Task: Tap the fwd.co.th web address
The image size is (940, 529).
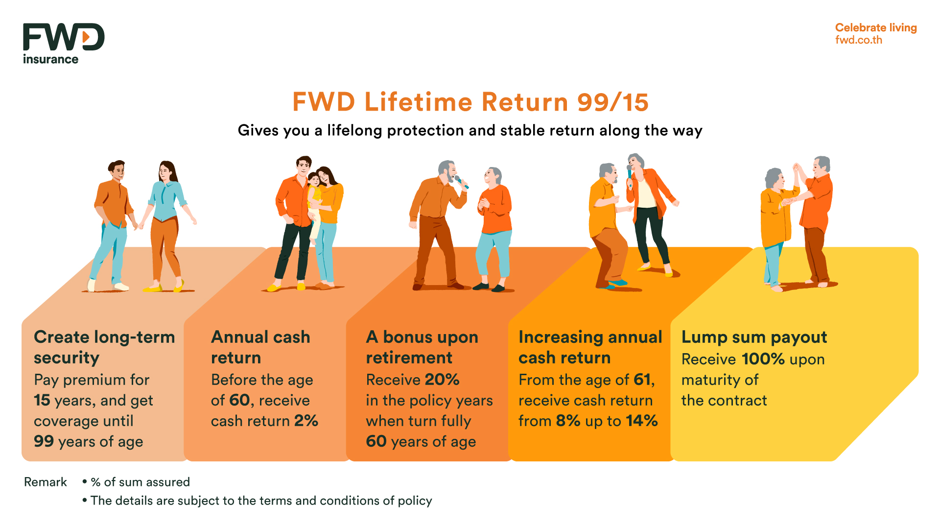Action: (858, 40)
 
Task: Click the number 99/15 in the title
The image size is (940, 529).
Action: (612, 102)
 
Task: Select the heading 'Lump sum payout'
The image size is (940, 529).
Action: (754, 337)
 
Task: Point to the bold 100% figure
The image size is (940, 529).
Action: (763, 359)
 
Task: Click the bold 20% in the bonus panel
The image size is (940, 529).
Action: (442, 380)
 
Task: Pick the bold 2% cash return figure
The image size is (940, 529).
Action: (306, 421)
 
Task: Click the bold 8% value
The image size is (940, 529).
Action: (568, 421)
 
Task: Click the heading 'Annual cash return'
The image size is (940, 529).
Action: (260, 347)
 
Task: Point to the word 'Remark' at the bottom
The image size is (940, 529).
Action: (46, 482)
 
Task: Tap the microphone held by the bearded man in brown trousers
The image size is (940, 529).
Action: (461, 182)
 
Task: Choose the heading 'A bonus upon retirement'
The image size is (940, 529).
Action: (422, 347)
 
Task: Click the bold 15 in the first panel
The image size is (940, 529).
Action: (42, 400)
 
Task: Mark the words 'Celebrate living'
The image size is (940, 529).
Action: (875, 27)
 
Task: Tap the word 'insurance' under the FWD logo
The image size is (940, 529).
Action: (50, 59)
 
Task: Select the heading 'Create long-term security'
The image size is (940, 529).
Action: (104, 347)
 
